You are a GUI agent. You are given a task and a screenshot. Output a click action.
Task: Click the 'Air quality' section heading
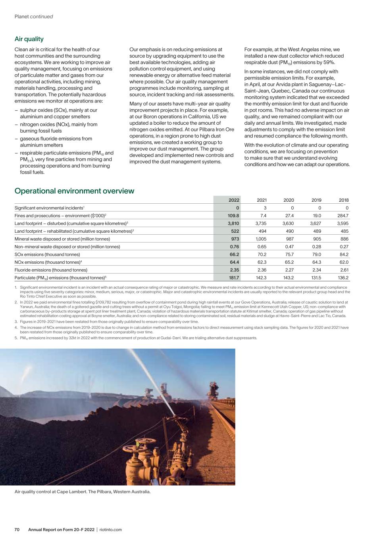[x=29, y=39]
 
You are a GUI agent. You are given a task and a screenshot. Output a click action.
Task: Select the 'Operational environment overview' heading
[x=74, y=191]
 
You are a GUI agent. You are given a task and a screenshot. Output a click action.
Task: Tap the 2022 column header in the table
[x=234, y=200]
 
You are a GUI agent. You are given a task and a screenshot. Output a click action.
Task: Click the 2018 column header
[x=343, y=200]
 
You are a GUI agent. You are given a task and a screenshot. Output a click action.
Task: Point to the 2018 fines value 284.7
[x=342, y=216]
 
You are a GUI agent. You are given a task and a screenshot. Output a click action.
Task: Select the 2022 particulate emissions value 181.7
[x=233, y=278]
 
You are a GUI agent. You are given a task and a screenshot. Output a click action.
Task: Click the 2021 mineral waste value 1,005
[x=260, y=239]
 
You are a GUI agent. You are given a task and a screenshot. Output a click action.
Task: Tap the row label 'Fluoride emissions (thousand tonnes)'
[x=51, y=270]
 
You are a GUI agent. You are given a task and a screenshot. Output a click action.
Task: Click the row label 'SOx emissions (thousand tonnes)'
[x=47, y=255]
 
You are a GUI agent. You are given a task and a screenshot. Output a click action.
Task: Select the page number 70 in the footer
[x=17, y=530]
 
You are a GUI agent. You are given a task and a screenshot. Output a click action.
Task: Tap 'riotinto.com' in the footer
[x=110, y=530]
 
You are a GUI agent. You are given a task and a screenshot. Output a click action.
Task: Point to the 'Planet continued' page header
[x=34, y=17]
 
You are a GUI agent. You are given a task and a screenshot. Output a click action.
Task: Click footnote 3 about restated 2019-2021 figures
[x=106, y=322]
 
